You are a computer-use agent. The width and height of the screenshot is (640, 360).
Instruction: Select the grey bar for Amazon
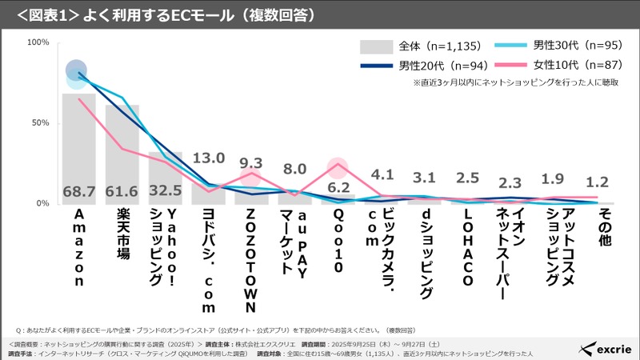tap(79, 152)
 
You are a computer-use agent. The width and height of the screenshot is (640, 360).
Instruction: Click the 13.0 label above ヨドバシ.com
tap(209, 158)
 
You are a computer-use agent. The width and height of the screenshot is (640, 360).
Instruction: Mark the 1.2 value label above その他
tap(598, 183)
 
